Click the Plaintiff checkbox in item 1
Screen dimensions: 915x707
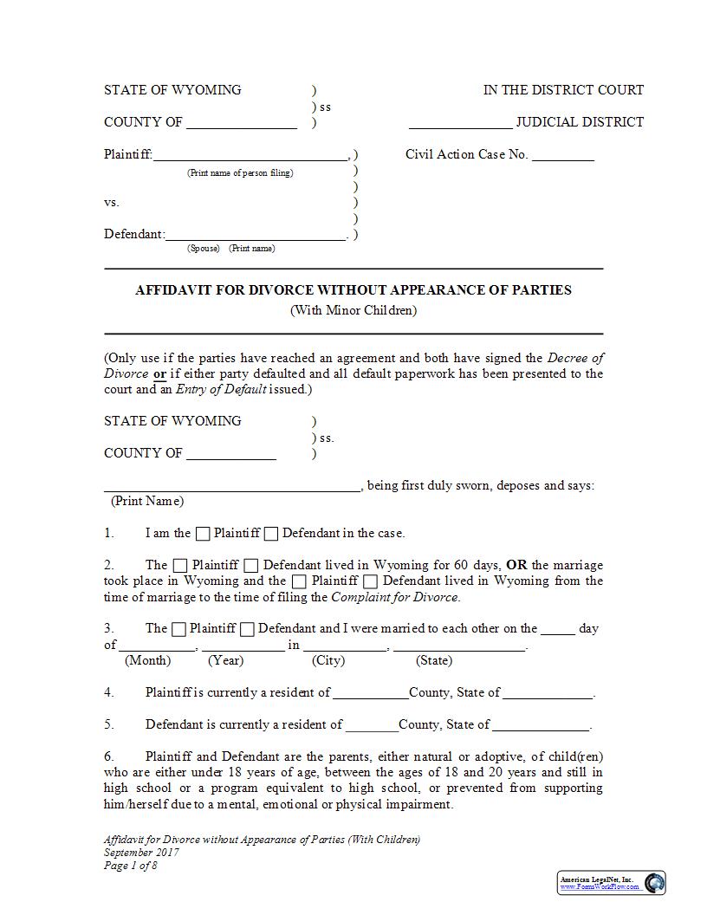point(203,534)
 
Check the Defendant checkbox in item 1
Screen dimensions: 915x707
point(271,534)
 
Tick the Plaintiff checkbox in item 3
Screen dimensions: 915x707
point(178,629)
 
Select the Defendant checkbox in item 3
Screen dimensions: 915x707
point(247,629)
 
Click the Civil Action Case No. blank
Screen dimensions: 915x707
point(562,156)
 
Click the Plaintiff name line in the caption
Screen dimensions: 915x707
point(250,156)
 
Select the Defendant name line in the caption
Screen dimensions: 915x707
point(256,235)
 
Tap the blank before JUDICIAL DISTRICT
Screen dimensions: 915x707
point(460,123)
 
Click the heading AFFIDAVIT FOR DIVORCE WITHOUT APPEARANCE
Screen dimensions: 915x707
point(353,290)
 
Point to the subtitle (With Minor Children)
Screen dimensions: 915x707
point(353,310)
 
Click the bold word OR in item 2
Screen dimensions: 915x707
point(516,565)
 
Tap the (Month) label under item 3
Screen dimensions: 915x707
point(148,660)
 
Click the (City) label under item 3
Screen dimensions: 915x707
point(328,660)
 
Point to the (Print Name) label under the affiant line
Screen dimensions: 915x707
point(147,501)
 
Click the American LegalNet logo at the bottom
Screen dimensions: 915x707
point(611,882)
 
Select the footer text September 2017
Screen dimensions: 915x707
point(141,853)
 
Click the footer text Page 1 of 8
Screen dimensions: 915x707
point(131,866)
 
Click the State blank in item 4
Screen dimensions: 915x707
point(548,693)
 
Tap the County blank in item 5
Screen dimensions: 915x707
point(372,725)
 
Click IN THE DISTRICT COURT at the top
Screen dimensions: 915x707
point(563,90)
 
